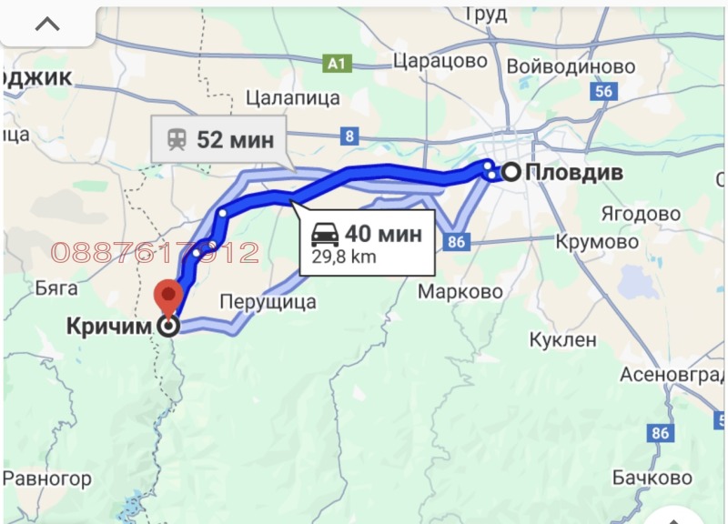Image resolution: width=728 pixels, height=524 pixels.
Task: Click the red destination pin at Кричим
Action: [167, 297]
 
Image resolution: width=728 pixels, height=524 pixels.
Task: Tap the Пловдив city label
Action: [573, 171]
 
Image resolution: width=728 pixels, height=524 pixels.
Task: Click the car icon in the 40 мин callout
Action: [326, 234]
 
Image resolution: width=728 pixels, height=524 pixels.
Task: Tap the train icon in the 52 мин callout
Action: [176, 139]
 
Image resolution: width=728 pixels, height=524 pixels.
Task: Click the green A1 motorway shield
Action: [337, 63]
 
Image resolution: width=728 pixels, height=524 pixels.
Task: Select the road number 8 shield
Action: [350, 136]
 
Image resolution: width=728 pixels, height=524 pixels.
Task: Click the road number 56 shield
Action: [602, 91]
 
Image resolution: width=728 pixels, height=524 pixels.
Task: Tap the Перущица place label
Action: [268, 301]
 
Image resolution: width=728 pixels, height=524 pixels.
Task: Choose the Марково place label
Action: [460, 292]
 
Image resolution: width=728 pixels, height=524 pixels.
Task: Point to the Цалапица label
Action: [292, 97]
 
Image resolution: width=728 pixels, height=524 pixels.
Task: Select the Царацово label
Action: [440, 63]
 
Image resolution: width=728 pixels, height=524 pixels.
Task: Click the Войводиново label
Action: [571, 66]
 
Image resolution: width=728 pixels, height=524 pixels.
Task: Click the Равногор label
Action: [47, 478]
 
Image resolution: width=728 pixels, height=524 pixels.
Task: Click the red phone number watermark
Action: [155, 253]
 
